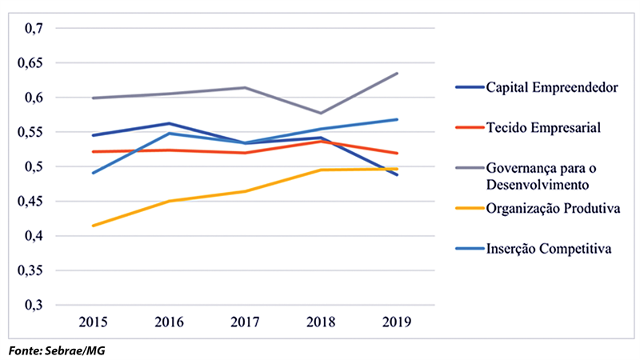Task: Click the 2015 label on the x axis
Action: click(94, 322)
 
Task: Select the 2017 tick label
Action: click(246, 322)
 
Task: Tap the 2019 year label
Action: click(397, 322)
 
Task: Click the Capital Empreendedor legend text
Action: click(551, 87)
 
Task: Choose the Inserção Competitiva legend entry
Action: click(549, 249)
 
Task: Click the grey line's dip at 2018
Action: click(321, 113)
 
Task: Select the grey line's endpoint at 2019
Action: click(397, 74)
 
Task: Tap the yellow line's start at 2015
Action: click(94, 226)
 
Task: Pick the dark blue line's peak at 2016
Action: click(170, 123)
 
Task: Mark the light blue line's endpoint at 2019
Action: click(397, 120)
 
